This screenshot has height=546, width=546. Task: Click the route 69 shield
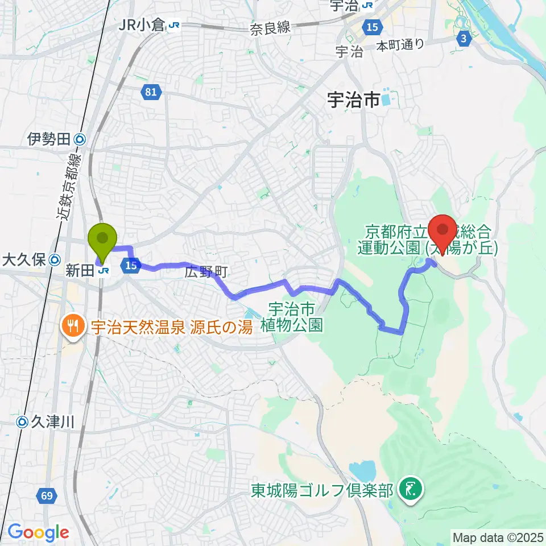[48, 497]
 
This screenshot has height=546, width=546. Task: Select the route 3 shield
[464, 38]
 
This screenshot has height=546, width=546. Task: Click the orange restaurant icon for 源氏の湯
[72, 326]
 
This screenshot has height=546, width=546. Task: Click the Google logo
[38, 533]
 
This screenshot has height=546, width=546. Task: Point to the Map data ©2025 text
[498, 536]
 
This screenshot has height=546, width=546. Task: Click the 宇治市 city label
[353, 101]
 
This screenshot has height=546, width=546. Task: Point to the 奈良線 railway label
[270, 29]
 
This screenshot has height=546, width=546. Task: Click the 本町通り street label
[400, 45]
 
